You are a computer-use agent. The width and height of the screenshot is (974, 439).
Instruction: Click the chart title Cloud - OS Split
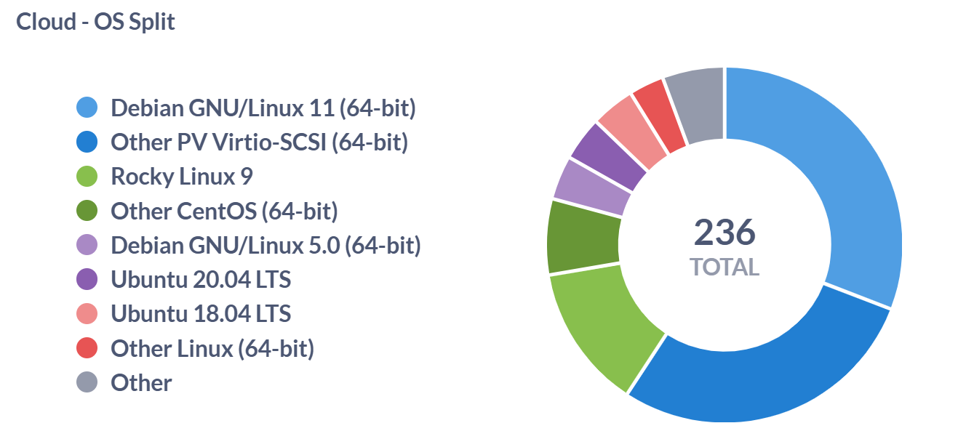point(95,22)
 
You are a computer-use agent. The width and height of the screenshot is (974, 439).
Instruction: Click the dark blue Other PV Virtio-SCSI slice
point(771,363)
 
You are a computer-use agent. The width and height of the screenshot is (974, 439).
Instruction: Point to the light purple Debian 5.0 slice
point(591,187)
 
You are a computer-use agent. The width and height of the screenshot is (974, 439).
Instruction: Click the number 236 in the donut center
point(724,233)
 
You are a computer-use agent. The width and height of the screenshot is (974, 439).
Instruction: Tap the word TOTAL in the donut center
point(724,267)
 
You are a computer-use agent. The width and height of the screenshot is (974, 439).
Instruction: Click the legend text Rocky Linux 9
point(182,177)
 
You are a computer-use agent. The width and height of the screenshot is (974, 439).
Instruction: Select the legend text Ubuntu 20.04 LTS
point(201,280)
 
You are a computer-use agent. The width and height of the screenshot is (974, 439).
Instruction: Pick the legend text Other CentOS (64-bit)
point(224,212)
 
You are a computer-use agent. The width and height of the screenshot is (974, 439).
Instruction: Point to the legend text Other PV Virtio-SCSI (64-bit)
point(259,142)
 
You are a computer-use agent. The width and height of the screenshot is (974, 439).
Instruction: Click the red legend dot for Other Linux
point(87,349)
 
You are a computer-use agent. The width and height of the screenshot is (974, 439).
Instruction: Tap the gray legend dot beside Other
point(87,383)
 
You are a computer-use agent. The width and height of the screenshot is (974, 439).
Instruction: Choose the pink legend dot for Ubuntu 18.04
point(87,314)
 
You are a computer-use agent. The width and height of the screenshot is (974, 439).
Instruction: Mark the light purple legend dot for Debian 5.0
point(87,246)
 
